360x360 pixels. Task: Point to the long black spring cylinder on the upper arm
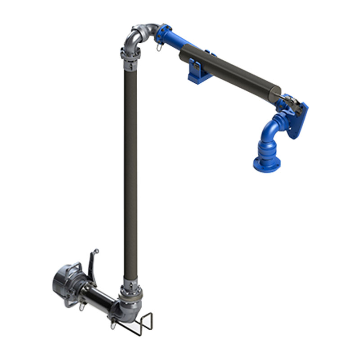point(229,72)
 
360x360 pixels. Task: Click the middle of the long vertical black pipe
point(130,171)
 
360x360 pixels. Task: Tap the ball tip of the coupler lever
point(96,251)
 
